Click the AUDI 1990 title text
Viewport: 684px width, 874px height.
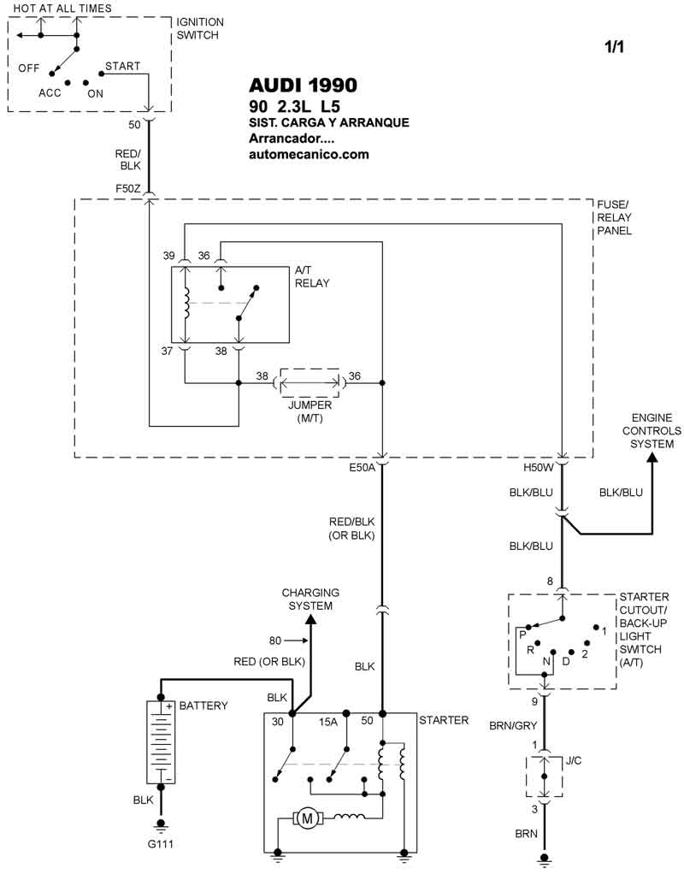click(303, 86)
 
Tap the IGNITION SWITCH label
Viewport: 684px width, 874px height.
click(199, 28)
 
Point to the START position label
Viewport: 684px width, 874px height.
click(122, 66)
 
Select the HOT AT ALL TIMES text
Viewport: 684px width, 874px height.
click(62, 8)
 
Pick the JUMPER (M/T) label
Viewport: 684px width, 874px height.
click(310, 411)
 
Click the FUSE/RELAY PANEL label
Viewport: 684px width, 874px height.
click(614, 217)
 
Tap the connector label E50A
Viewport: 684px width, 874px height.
click(363, 469)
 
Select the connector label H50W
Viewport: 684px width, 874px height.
click(539, 469)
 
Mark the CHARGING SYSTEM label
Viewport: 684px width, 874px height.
click(310, 599)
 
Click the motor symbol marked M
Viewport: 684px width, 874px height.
click(306, 819)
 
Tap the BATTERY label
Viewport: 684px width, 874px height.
click(203, 706)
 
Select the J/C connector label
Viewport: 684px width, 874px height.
click(573, 759)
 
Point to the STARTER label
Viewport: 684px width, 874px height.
click(444, 720)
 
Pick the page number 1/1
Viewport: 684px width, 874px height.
click(614, 47)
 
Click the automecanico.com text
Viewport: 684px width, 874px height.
click(309, 154)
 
